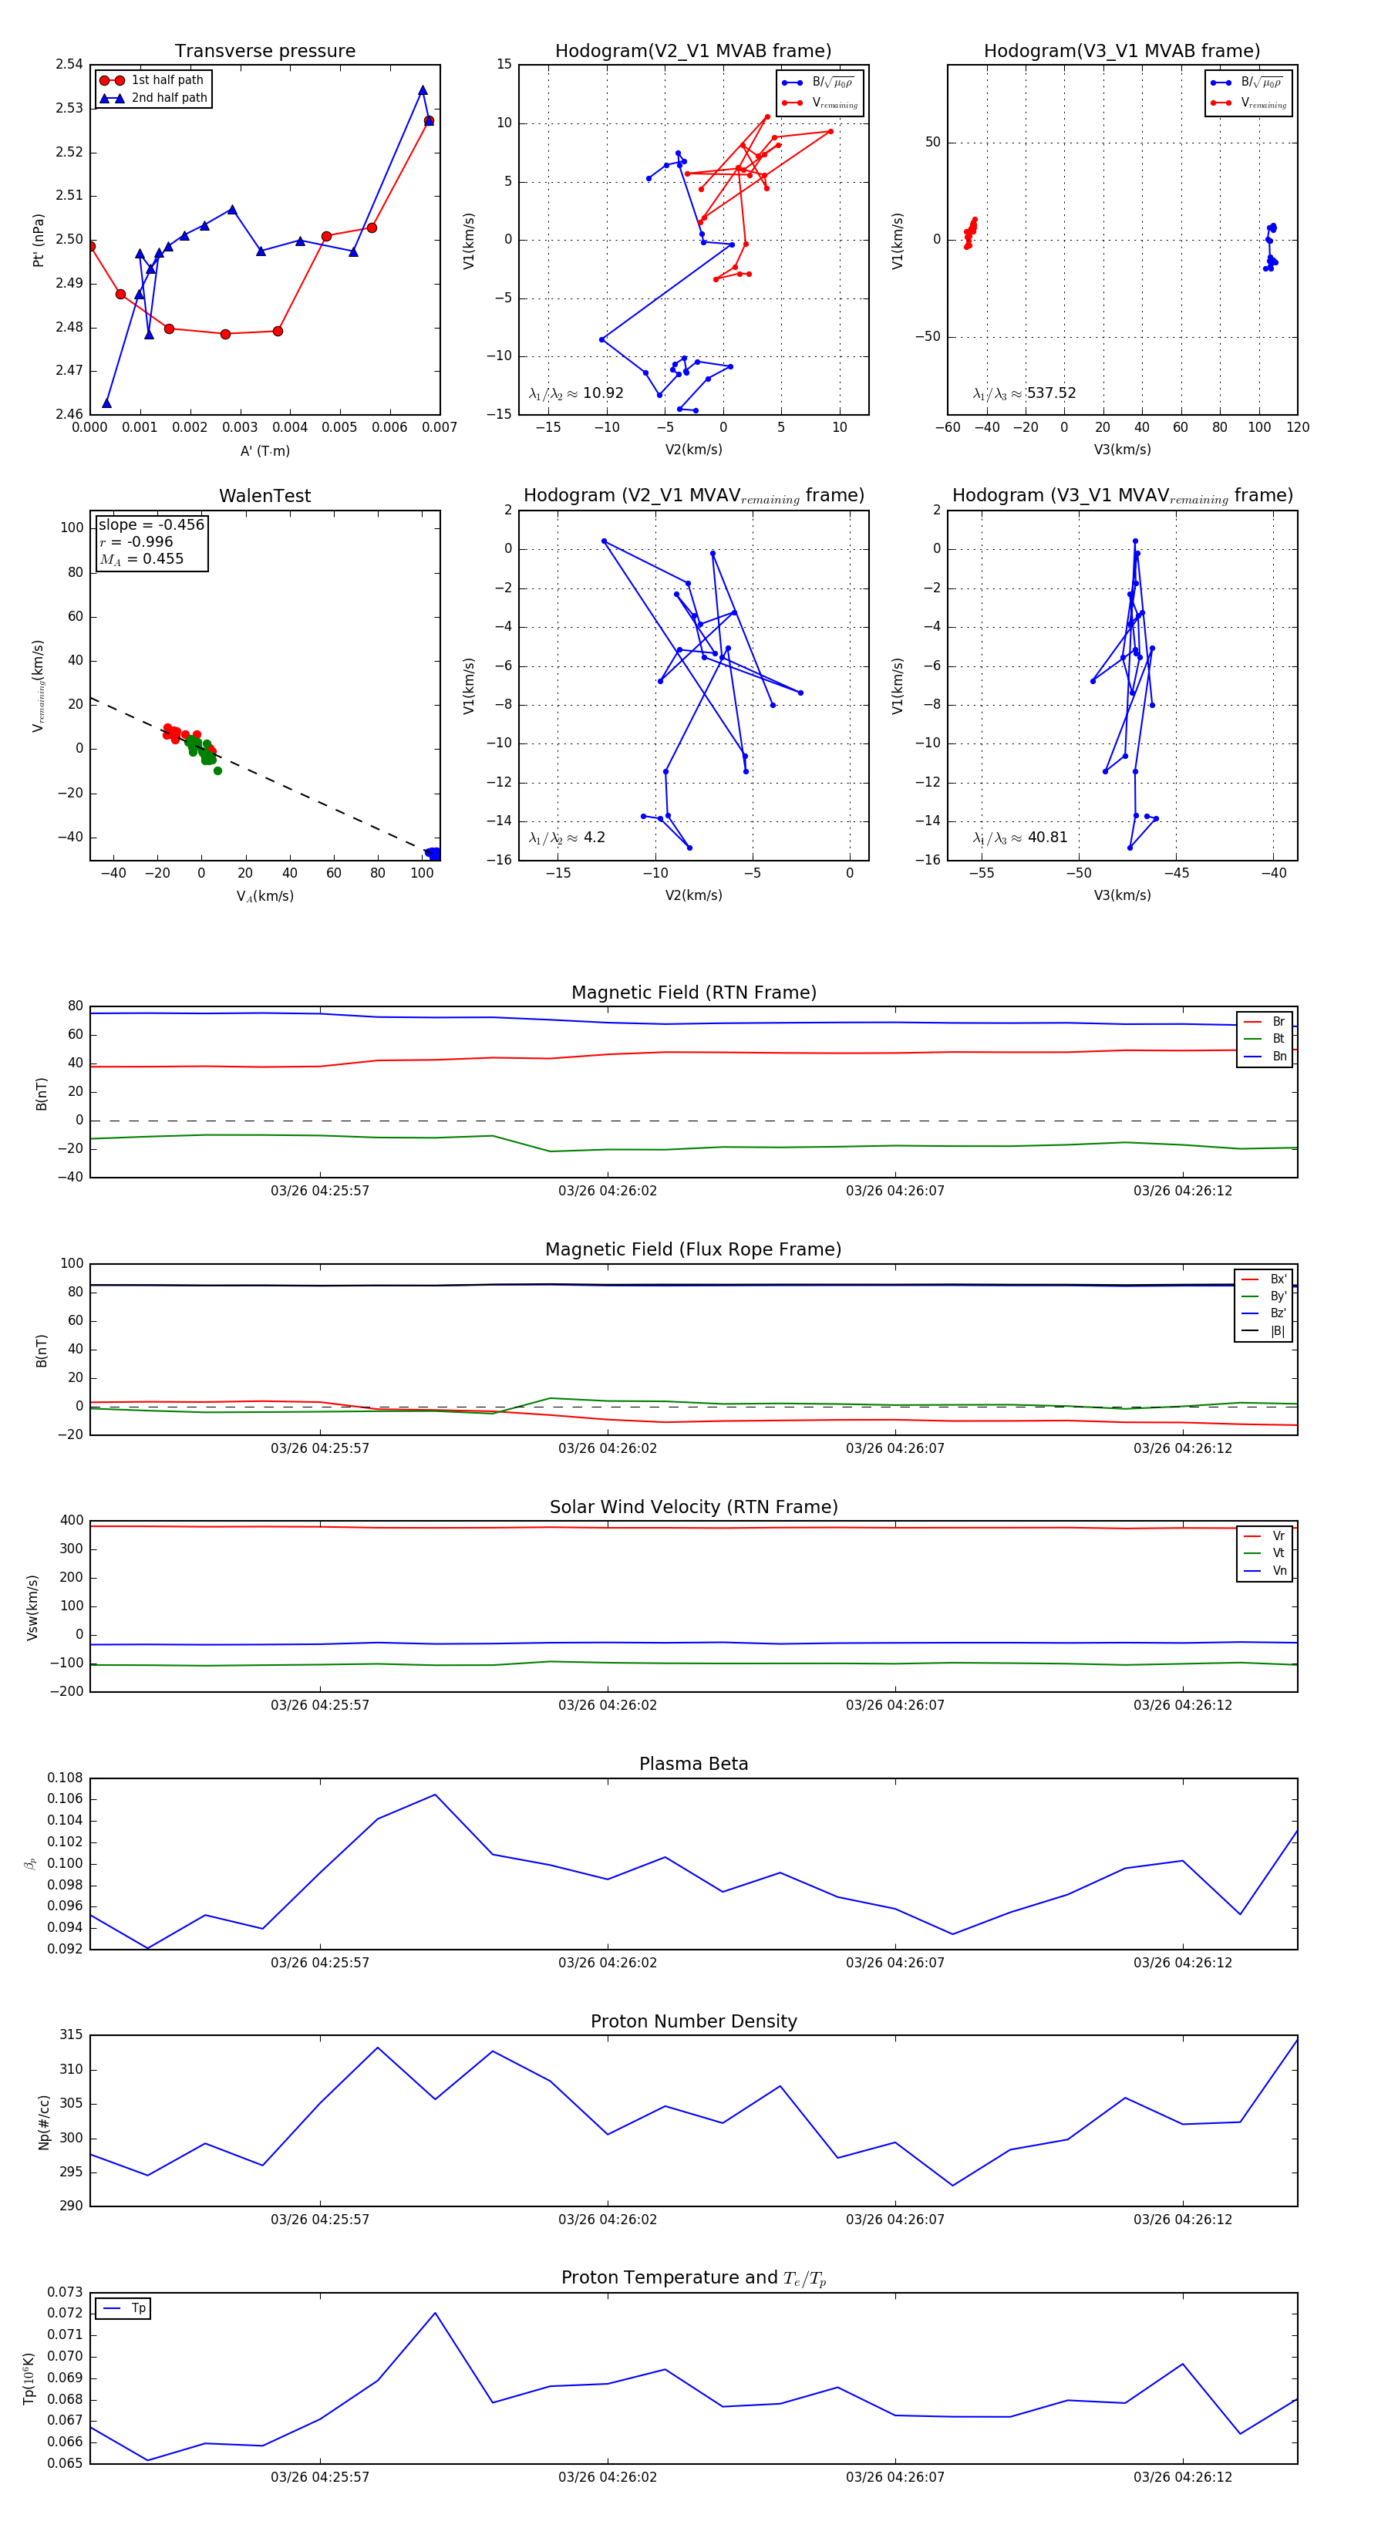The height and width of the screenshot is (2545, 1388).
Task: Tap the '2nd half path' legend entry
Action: pos(169,98)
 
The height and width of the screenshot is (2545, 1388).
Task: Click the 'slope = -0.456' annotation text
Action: pos(151,524)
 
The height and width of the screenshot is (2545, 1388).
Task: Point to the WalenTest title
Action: pos(264,496)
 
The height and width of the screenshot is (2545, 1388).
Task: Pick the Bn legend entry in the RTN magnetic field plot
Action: pos(1279,1056)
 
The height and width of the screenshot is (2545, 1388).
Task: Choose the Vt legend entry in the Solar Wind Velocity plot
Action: pos(1279,1553)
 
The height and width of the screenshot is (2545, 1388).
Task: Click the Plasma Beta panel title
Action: pos(693,1764)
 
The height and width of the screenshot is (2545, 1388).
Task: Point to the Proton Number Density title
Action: pos(693,2021)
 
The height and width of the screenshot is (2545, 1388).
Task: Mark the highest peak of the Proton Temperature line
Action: pos(435,2313)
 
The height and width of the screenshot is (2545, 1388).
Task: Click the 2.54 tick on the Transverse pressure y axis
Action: pos(69,64)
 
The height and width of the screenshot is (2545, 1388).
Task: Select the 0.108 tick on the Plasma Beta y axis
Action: pos(66,1778)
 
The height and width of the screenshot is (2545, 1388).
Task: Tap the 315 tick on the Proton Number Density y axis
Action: pos(71,2035)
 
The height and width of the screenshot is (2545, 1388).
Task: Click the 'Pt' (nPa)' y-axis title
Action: pos(39,240)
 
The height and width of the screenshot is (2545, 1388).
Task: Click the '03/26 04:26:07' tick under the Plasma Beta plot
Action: pos(895,1962)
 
